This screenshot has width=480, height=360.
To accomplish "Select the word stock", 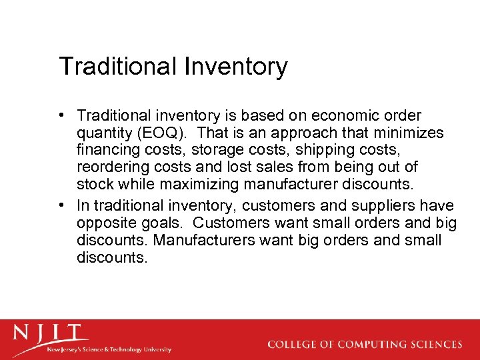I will [x=95, y=183].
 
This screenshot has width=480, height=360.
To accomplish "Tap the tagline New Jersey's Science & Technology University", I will [x=108, y=349].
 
